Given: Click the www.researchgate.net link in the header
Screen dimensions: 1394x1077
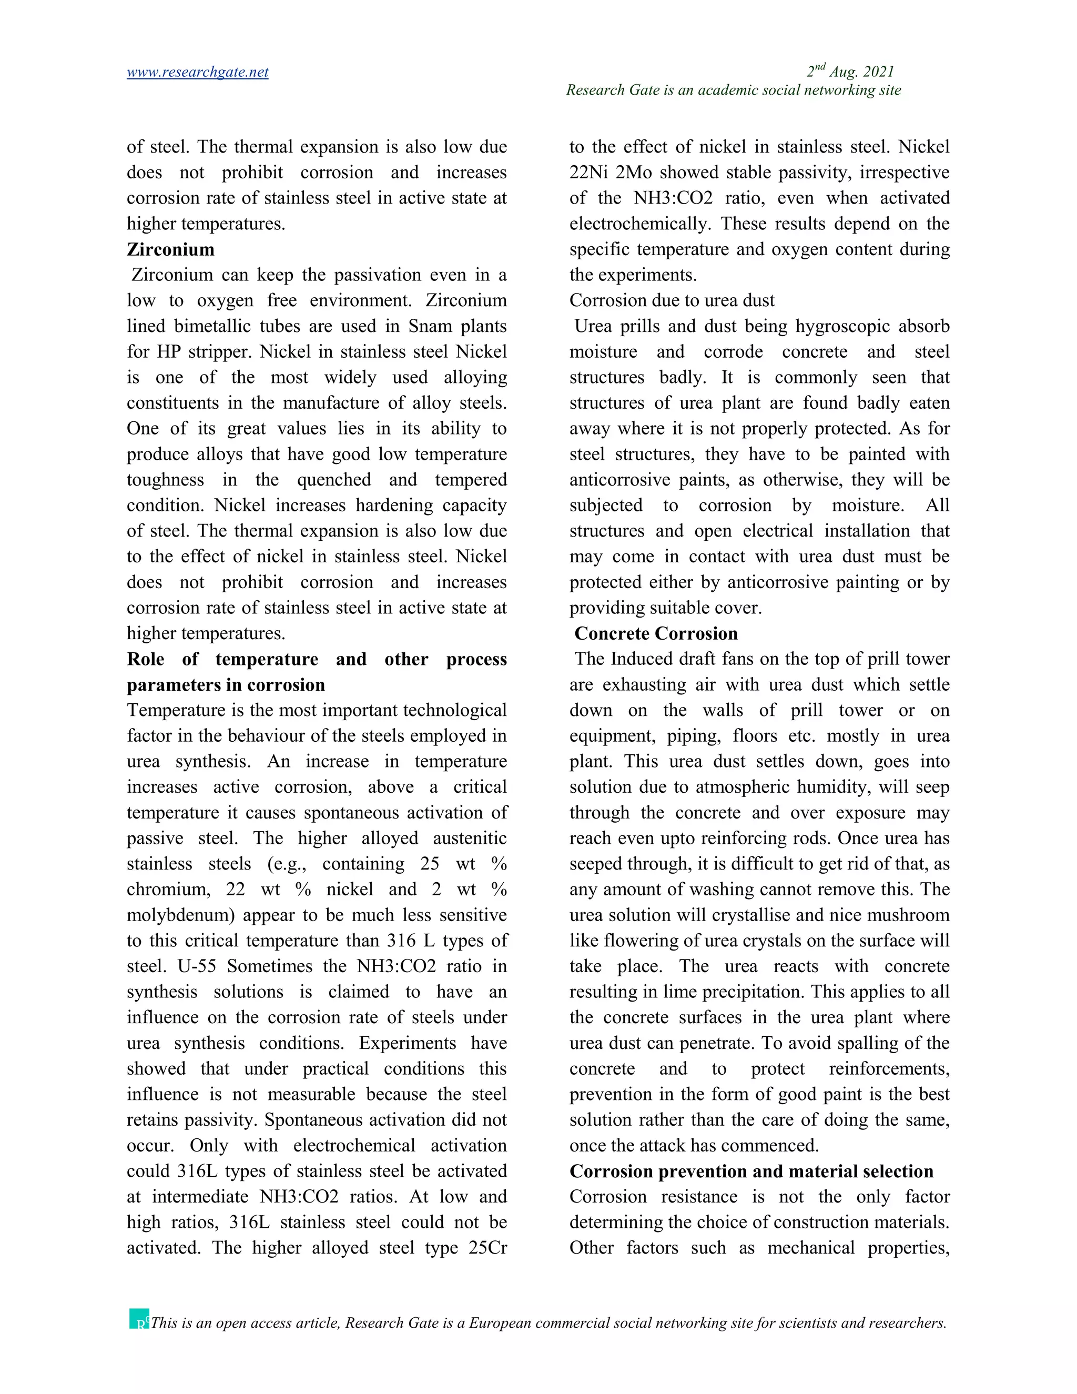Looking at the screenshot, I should tap(197, 72).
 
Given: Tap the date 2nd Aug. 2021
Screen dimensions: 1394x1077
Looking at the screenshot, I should tap(850, 72).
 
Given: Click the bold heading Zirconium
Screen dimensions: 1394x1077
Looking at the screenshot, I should tap(170, 249).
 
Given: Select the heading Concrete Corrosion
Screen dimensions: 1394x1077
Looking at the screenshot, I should tap(655, 634).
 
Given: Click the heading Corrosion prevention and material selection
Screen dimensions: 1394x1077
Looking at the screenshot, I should tap(751, 1171).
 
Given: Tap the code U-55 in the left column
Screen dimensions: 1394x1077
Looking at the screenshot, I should tap(197, 966).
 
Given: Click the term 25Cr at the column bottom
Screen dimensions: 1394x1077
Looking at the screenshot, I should tap(487, 1248).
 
